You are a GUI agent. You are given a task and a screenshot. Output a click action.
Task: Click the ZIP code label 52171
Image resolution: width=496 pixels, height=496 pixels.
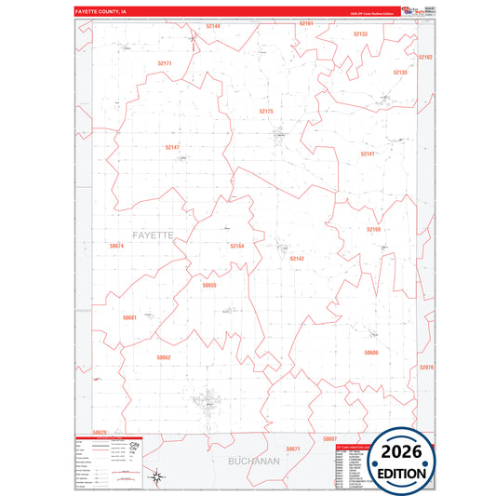(165, 63)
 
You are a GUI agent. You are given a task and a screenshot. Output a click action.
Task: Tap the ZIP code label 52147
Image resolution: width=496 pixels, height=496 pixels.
(172, 147)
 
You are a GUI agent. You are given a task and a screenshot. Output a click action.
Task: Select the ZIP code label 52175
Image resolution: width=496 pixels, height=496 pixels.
(266, 112)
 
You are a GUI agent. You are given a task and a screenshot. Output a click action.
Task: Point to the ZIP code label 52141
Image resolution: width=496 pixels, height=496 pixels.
(368, 154)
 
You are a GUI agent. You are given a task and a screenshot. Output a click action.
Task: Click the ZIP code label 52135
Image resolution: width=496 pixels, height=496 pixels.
(400, 72)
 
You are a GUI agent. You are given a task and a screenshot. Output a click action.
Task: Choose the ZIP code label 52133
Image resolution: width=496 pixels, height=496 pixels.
(360, 34)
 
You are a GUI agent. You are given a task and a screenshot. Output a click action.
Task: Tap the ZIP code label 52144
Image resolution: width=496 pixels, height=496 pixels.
(213, 26)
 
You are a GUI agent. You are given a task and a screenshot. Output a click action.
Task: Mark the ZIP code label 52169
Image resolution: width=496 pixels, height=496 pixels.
(373, 229)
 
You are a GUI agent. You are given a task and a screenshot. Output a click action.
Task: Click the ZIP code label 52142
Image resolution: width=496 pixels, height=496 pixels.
(297, 258)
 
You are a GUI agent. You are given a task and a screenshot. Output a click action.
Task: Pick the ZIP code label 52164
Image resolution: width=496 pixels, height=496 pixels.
(236, 246)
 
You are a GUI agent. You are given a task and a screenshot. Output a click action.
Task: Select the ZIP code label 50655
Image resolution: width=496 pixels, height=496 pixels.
(209, 285)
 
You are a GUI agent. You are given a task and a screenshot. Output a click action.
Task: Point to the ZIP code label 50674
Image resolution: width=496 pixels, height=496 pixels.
(116, 246)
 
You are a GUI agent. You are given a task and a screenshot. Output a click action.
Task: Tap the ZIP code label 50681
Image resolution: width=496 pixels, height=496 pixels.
(129, 317)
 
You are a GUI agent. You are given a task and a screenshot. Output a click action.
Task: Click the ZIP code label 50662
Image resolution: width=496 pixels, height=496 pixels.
(164, 357)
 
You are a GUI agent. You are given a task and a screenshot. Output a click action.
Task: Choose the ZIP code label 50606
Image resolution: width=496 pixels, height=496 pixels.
(371, 353)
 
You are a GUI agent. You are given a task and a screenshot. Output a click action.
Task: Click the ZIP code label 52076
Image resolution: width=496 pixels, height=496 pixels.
(427, 369)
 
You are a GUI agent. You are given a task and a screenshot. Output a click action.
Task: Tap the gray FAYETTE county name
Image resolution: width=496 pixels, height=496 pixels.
(153, 235)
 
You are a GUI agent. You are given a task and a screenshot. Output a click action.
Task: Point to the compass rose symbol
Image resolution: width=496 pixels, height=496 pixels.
(158, 477)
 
